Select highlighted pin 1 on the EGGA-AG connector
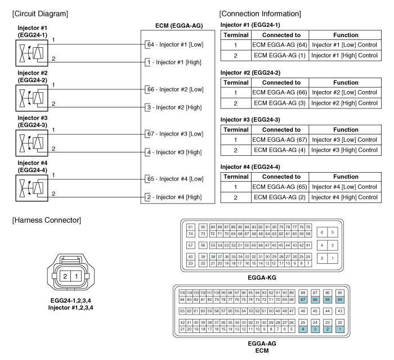pyautogui.click(x=339, y=328)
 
